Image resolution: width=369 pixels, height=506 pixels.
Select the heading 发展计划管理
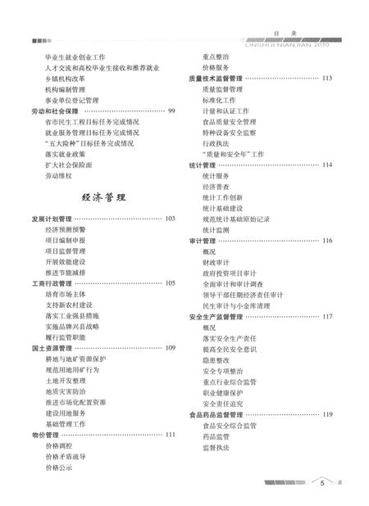point(52,219)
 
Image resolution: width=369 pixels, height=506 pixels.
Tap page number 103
point(170,219)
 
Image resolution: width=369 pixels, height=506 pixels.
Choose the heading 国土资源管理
point(52,348)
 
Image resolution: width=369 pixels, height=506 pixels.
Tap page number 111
point(170,434)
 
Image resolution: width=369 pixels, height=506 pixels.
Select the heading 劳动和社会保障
point(55,110)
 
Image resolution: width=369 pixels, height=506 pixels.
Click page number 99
point(171,110)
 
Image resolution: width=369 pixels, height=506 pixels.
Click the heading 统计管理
point(202,165)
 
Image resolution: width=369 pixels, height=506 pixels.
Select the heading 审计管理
point(202,241)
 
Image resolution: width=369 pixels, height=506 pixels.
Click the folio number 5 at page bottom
point(323,483)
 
